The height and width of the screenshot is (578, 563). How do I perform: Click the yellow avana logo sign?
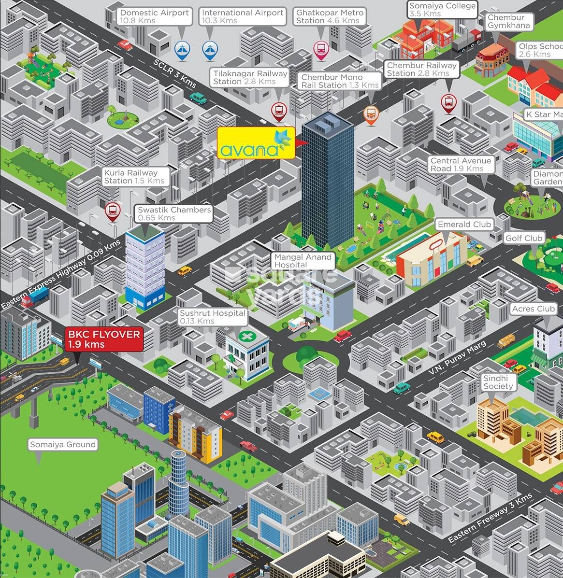pos(256,143)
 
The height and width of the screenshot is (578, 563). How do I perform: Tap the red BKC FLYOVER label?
pos(104,339)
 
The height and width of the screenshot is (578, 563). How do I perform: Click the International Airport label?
pos(242,16)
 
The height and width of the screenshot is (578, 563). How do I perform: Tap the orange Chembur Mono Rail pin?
pos(371,114)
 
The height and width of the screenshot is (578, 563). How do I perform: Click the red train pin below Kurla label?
pos(113,210)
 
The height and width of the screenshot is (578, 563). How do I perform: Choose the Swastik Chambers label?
pos(174,213)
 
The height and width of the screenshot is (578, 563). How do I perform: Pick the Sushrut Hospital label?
pos(213,317)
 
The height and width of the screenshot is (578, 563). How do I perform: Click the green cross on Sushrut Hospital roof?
pos(247,336)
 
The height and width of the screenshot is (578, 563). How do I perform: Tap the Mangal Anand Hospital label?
pos(303,261)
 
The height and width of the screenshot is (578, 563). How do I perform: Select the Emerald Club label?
pos(464,224)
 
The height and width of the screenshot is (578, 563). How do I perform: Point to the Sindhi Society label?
pos(498,382)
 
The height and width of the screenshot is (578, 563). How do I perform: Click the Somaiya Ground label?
pos(63,444)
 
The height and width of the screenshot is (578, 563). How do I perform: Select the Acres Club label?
pos(534,309)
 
